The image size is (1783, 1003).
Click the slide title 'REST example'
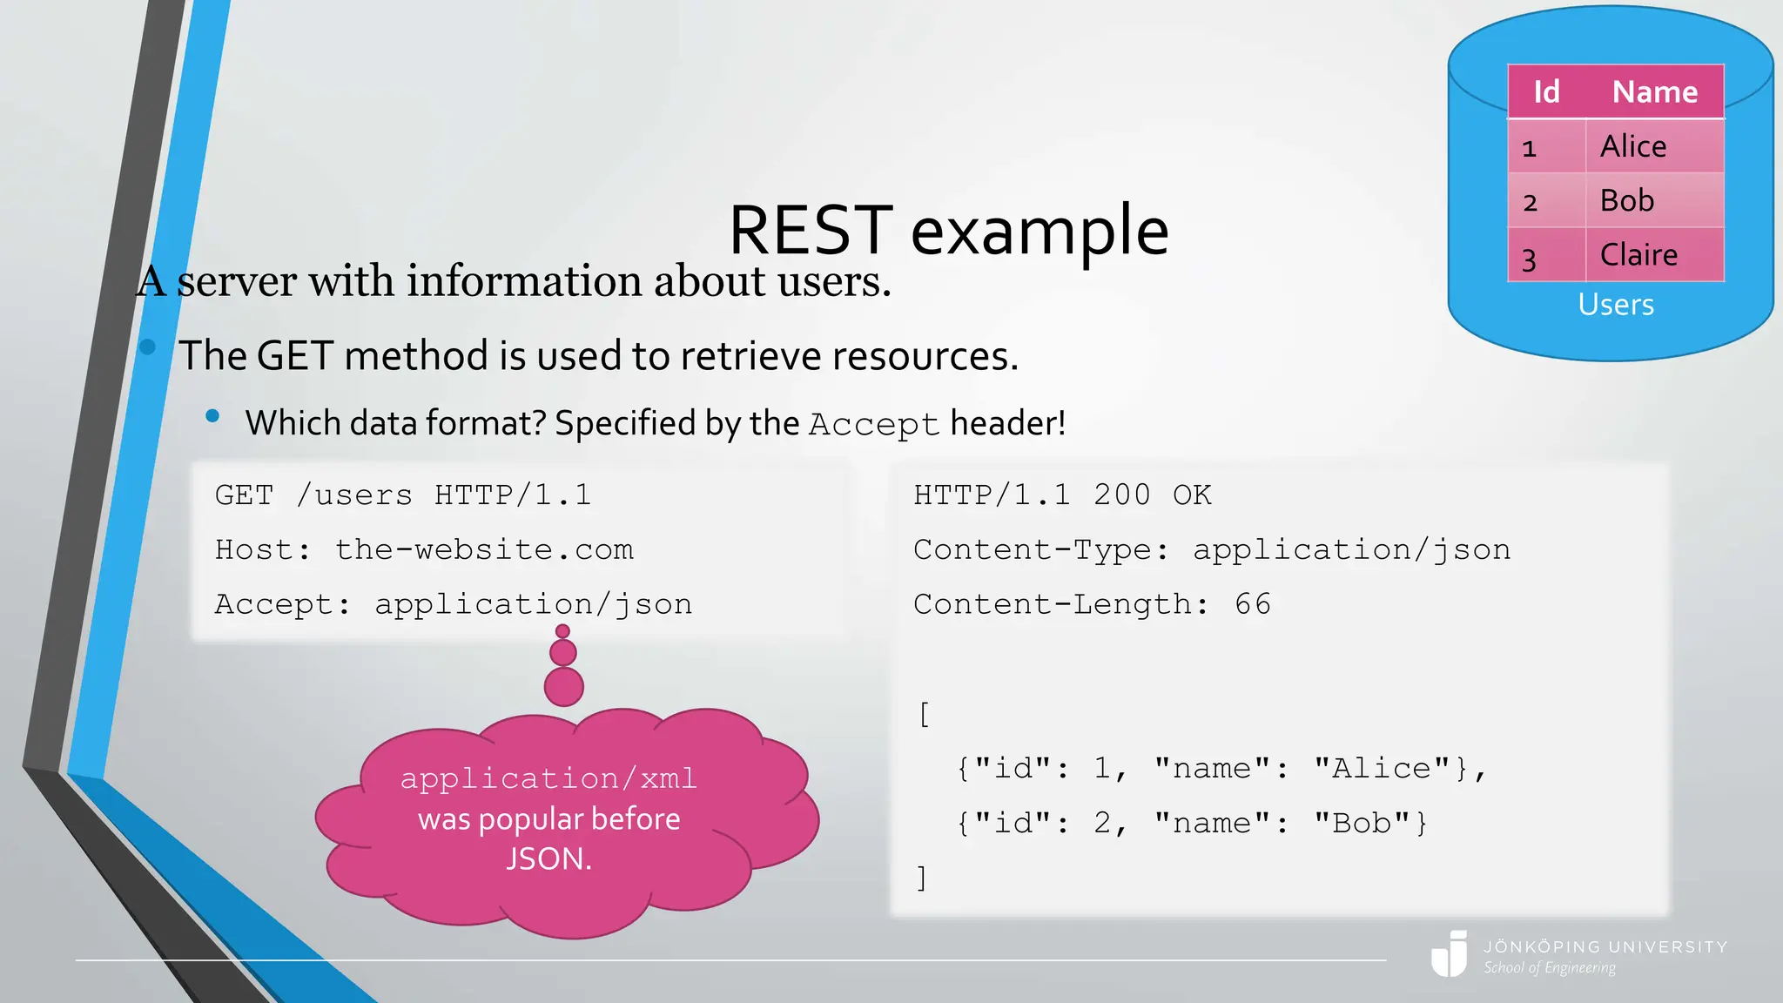(948, 230)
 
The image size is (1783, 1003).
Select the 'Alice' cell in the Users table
(1633, 146)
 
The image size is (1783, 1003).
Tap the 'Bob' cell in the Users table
(1626, 200)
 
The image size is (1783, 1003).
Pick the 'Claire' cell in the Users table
(1638, 255)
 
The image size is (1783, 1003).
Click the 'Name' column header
(1654, 91)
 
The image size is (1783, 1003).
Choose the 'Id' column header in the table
(1546, 91)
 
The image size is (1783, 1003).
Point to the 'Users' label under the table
(1616, 305)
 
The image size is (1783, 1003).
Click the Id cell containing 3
(1530, 259)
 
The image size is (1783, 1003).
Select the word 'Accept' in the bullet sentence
(874, 425)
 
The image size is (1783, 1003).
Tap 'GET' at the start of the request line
(244, 495)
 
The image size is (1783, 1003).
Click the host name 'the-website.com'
(484, 550)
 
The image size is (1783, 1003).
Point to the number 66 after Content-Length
(1253, 604)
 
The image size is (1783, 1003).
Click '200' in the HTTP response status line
(1122, 495)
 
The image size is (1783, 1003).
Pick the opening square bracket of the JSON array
(924, 715)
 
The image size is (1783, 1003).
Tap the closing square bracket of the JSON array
(922, 878)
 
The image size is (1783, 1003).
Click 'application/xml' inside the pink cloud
(548, 778)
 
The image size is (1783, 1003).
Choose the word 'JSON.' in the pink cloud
(548, 859)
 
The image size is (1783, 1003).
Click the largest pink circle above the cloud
(564, 687)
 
